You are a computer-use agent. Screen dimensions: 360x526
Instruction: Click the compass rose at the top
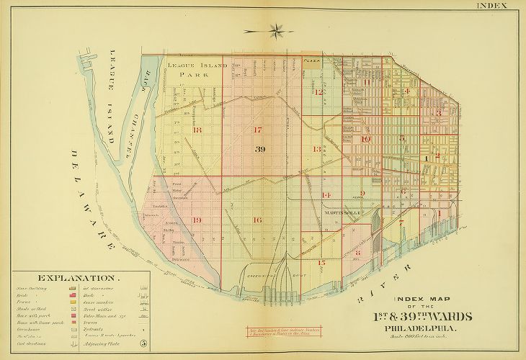click(x=275, y=30)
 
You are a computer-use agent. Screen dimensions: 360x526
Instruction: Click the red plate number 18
click(x=197, y=130)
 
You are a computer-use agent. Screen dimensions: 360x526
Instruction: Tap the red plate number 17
click(x=257, y=130)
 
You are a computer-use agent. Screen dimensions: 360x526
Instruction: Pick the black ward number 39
click(x=261, y=148)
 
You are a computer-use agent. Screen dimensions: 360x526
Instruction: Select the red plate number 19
click(x=197, y=220)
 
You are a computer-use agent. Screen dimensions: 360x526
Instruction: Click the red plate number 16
click(x=257, y=220)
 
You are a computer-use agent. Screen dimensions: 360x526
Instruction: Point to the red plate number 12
click(x=318, y=92)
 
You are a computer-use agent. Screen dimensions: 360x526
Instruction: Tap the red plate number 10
click(x=365, y=139)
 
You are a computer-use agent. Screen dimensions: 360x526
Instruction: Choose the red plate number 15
click(x=321, y=263)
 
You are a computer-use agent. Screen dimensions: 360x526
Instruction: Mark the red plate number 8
click(x=357, y=253)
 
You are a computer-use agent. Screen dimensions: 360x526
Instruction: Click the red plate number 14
click(x=326, y=195)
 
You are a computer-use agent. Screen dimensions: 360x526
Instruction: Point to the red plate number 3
click(x=437, y=113)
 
